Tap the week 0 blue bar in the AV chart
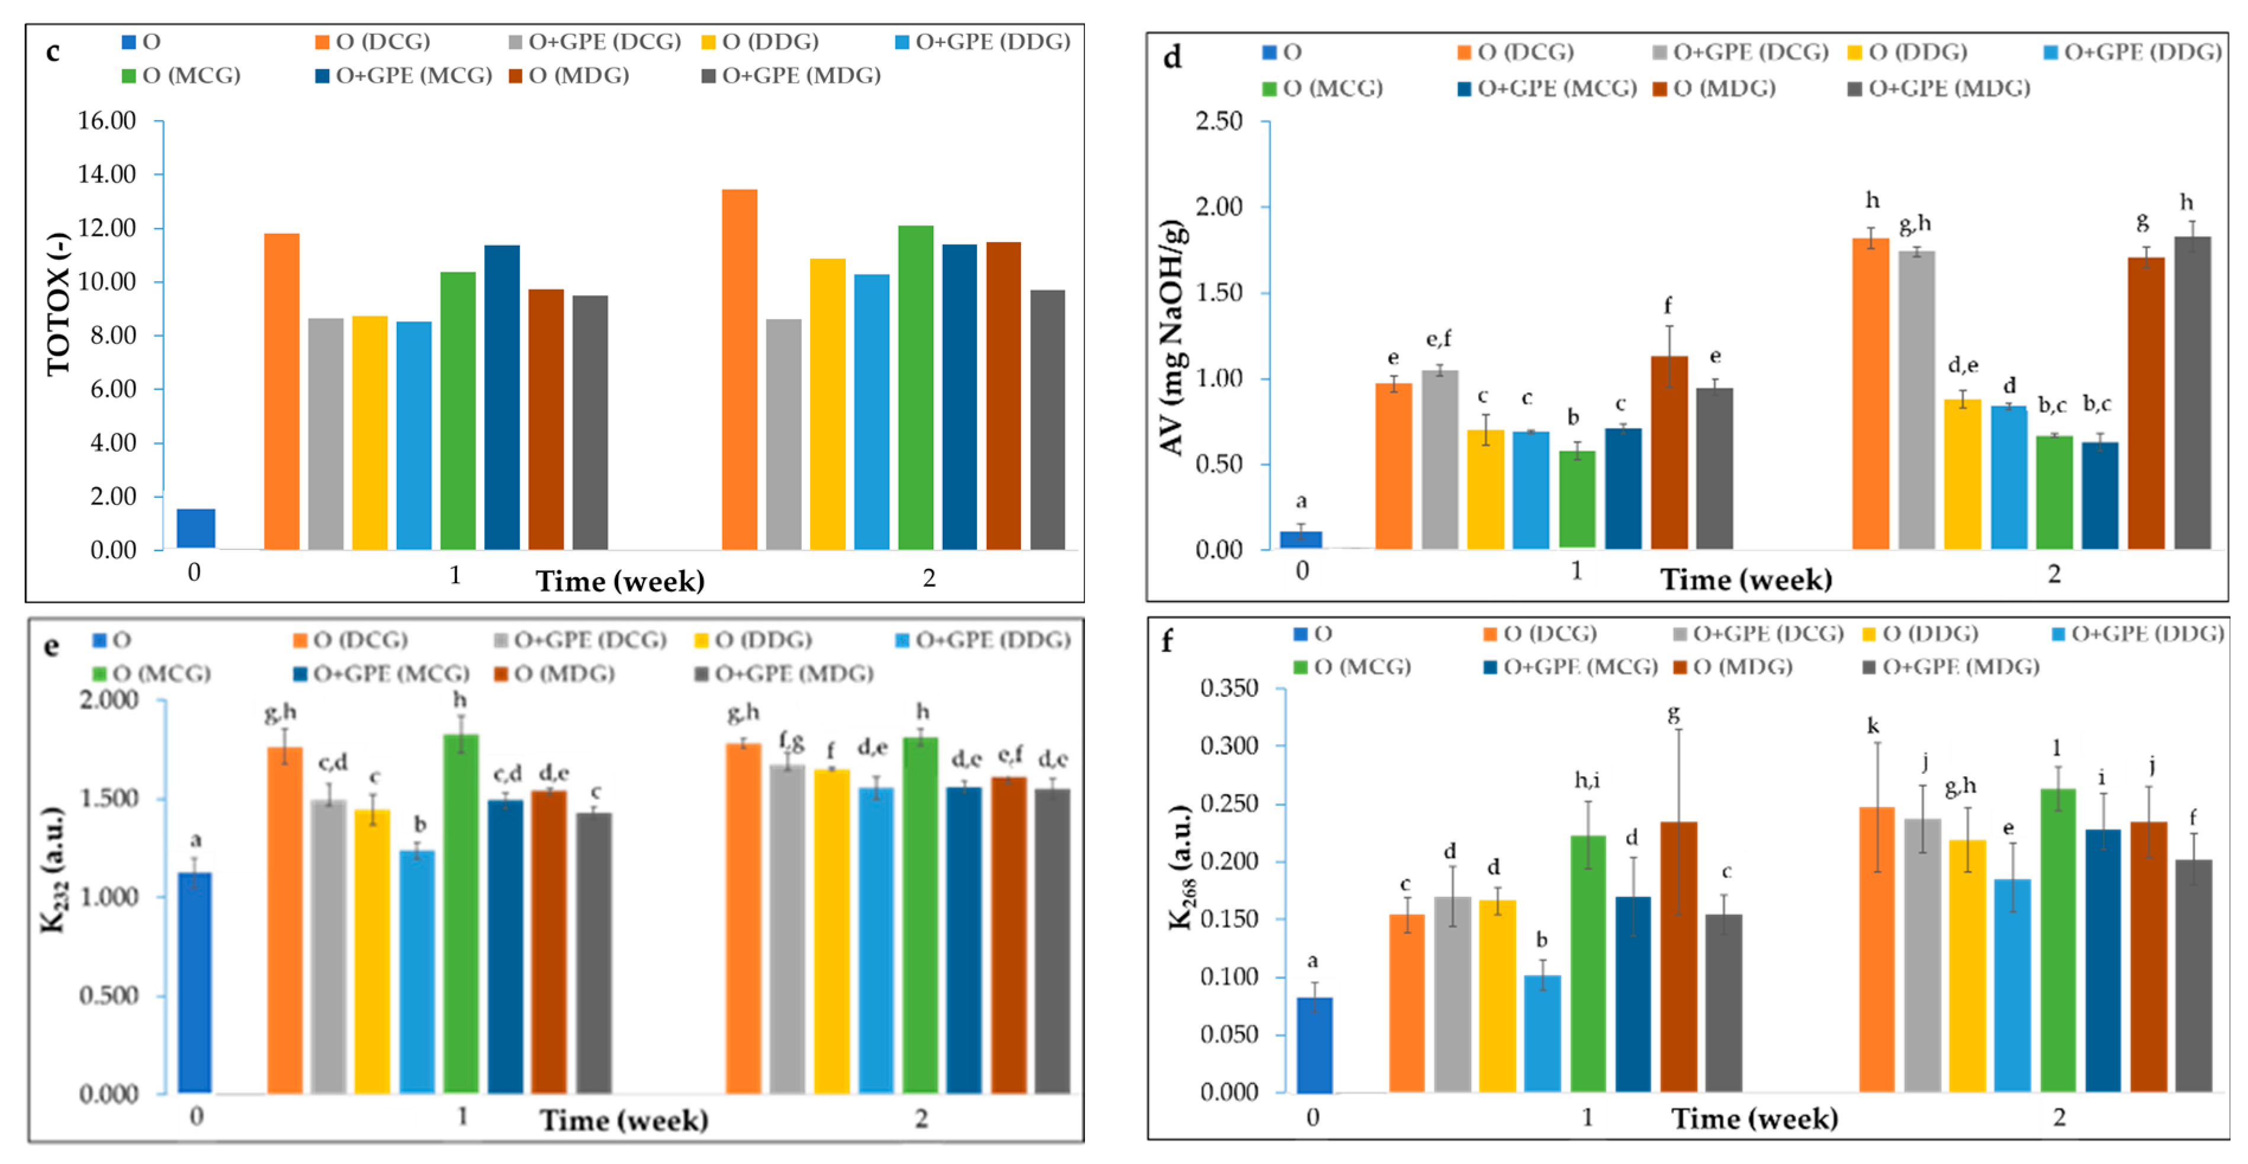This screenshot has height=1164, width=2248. point(1300,539)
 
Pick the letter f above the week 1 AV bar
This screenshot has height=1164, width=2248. point(1668,306)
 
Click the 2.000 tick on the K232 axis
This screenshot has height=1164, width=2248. point(109,700)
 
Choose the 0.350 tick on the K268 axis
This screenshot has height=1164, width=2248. point(1229,689)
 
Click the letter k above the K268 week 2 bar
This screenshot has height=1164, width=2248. point(1873,726)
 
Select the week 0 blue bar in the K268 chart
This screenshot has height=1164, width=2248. point(1314,1044)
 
